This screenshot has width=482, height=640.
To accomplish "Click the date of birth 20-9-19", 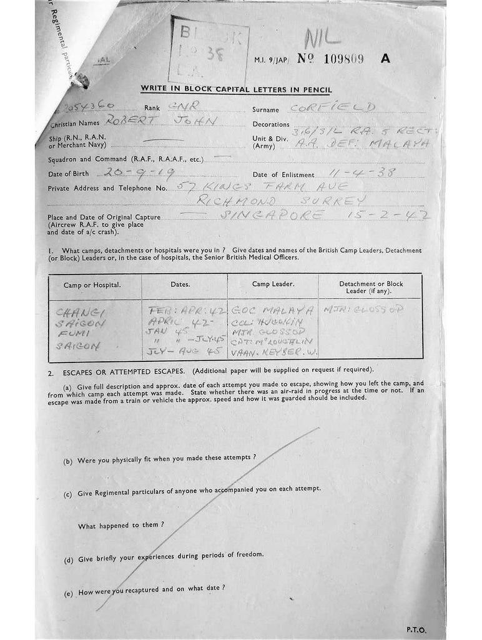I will coord(140,173).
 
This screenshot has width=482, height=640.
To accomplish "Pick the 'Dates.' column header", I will coord(180,285).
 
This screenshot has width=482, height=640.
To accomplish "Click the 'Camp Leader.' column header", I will coord(273,284).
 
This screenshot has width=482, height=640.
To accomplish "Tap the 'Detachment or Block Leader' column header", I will coord(371,288).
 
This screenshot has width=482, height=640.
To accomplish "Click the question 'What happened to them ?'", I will coord(121,525).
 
